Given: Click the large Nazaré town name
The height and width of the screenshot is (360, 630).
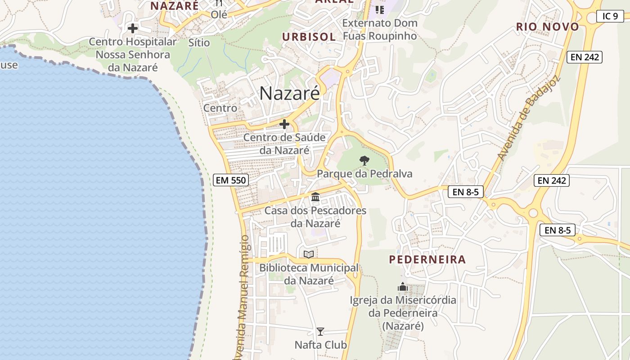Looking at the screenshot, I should coord(290,93).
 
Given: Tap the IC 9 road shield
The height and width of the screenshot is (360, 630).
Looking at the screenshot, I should coord(610,16).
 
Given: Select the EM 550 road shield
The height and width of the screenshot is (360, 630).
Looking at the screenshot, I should coord(230,180).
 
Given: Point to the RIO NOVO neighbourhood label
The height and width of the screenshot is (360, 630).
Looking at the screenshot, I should coord(547,27).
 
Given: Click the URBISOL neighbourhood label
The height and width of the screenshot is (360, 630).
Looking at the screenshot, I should coord(309,37).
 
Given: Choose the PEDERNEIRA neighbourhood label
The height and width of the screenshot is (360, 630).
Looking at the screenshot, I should coord(427,260).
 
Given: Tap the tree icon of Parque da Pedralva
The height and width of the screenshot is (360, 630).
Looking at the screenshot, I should coord(364,160).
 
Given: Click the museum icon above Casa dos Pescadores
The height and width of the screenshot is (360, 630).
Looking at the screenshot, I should coord(315,197).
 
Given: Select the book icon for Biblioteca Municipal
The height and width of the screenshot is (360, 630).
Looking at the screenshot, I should coord(309,255).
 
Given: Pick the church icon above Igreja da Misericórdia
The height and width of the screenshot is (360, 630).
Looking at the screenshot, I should coord(403,287).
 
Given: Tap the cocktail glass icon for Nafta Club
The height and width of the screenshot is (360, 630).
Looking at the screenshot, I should coord(320,332).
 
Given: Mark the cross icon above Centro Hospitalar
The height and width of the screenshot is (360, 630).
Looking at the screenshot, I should coord(133,28).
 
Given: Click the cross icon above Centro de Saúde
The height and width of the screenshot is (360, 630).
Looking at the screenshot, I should coord(284,124).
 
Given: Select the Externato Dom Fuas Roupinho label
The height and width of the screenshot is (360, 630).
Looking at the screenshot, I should coord(380,29).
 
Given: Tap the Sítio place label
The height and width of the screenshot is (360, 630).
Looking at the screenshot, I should coord(199,43).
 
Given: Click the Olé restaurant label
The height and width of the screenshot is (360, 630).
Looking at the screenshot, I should coord(219,14).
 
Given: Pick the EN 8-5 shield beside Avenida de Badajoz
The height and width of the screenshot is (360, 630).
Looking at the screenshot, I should coord(466,192).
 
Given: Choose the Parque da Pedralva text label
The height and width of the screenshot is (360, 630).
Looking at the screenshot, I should coord(364,174).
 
